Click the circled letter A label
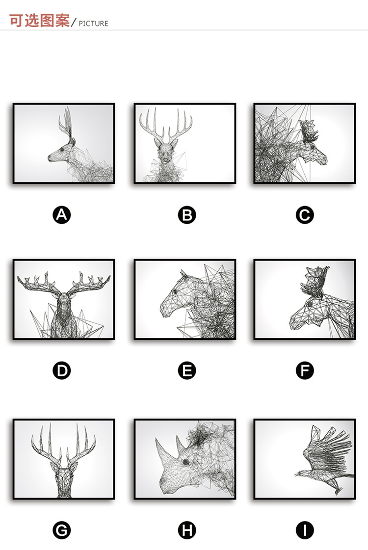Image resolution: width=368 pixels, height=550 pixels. pyautogui.click(x=62, y=215)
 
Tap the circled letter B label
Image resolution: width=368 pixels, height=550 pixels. pyautogui.click(x=187, y=215)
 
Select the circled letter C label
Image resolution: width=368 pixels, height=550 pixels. pyautogui.click(x=305, y=215)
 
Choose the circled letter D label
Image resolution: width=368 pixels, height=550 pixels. pyautogui.click(x=62, y=370)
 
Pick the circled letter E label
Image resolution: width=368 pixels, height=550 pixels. pyautogui.click(x=187, y=370)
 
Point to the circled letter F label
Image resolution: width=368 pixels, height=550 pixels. pyautogui.click(x=305, y=370)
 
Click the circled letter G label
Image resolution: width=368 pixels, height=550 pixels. pyautogui.click(x=62, y=530)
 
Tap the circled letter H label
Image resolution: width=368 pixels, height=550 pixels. pyautogui.click(x=187, y=530)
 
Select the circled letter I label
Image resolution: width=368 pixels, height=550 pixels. pyautogui.click(x=305, y=530)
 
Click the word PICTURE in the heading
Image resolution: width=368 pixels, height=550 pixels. pyautogui.click(x=93, y=24)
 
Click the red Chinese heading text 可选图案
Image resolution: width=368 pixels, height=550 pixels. pyautogui.click(x=39, y=21)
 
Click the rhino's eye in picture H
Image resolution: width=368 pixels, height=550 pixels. pyautogui.click(x=186, y=462)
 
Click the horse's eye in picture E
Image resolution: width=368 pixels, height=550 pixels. pyautogui.click(x=174, y=291)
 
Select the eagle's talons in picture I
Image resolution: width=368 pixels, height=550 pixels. pyautogui.click(x=338, y=491)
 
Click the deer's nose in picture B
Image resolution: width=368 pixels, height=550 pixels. pyautogui.click(x=165, y=160)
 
